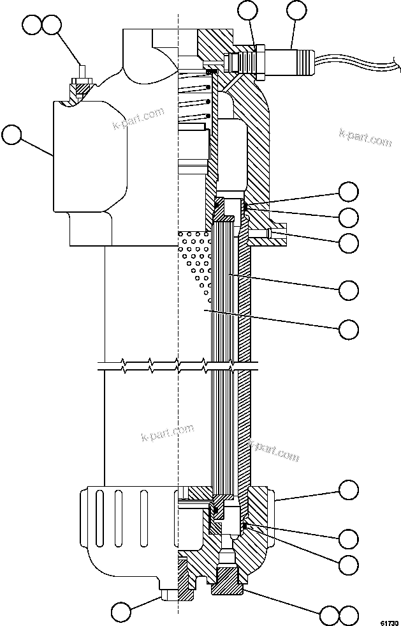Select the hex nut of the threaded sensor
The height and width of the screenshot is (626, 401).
pyautogui.click(x=259, y=61)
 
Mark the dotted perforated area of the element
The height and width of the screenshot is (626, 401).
pyautogui.click(x=196, y=262)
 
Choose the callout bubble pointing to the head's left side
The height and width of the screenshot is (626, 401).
pyautogui.click(x=12, y=135)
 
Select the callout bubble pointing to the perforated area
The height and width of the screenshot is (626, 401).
pyautogui.click(x=348, y=329)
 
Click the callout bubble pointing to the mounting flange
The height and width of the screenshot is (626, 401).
pyautogui.click(x=348, y=242)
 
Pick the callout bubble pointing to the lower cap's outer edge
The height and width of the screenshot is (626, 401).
pyautogui.click(x=348, y=491)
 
